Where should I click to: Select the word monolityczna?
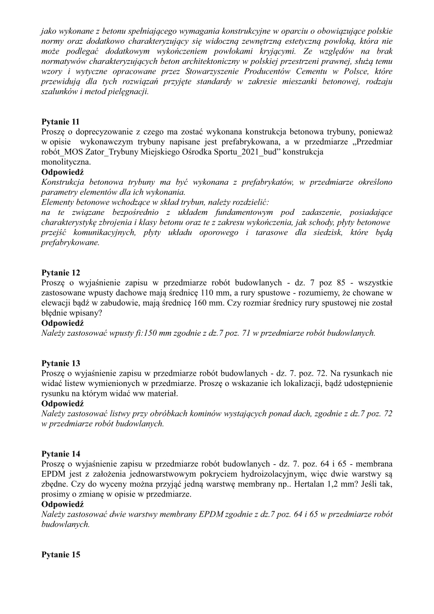64,161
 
